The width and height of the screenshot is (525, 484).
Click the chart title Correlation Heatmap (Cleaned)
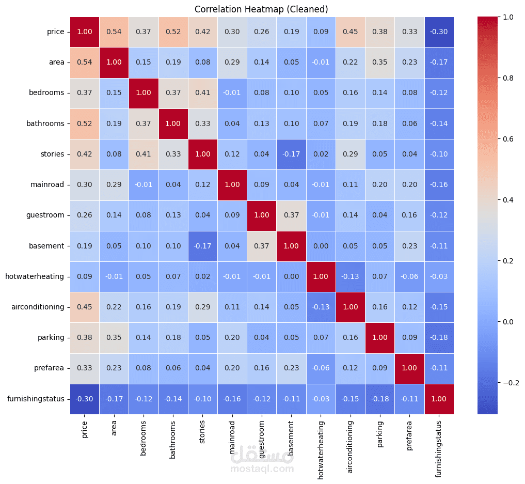[x=261, y=9]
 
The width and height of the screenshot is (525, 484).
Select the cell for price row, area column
[x=114, y=32]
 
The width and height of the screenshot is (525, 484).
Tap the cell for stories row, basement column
[x=291, y=154]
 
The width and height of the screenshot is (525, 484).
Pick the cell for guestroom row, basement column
[x=291, y=215]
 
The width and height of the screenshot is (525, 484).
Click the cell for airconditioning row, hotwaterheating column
[x=321, y=307]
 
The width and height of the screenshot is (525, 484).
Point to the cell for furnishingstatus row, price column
[x=85, y=399]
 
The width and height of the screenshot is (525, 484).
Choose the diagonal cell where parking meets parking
[x=379, y=338]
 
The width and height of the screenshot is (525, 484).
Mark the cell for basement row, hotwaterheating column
[x=321, y=246]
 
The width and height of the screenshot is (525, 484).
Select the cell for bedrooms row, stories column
[x=202, y=93]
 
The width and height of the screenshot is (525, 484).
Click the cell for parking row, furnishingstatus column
[x=438, y=338]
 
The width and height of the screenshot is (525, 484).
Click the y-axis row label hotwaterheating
[x=35, y=277]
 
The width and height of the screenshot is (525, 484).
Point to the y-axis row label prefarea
[x=51, y=368]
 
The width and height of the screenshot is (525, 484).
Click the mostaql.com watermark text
[x=262, y=469]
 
